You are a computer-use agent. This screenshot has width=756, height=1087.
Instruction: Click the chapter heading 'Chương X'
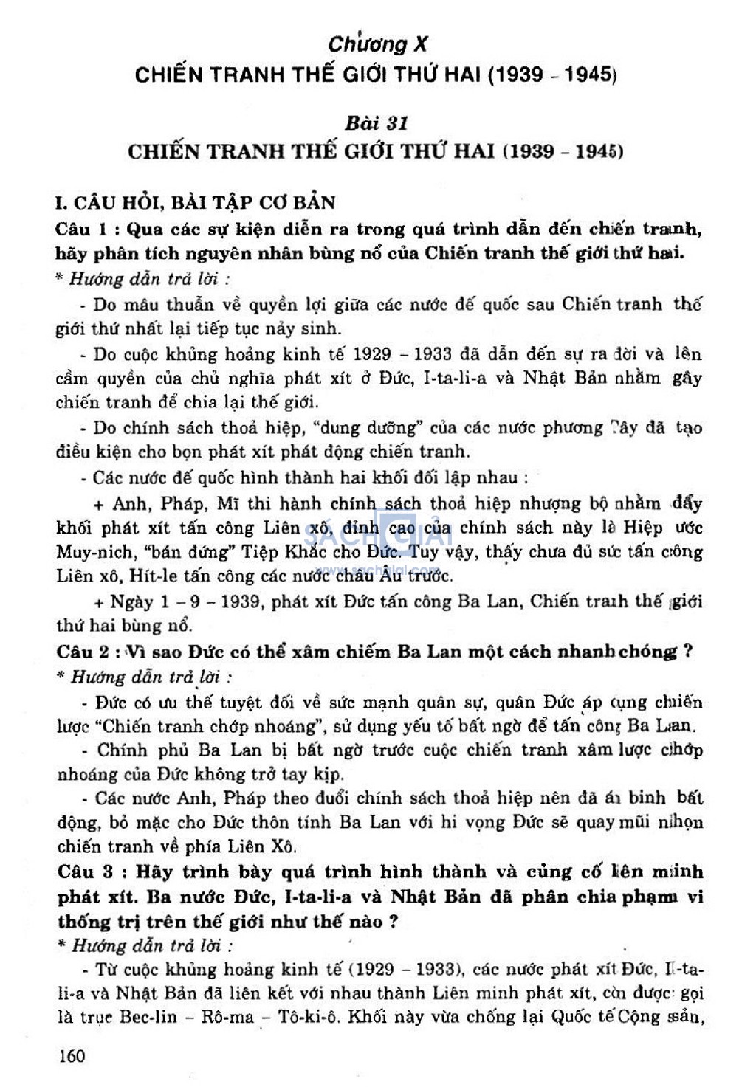[377, 44]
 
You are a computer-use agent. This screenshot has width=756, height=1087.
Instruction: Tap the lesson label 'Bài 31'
[377, 122]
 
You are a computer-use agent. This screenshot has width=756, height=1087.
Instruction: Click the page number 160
[72, 1056]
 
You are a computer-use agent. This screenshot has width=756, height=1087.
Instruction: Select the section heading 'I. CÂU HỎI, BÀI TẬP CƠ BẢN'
[196, 202]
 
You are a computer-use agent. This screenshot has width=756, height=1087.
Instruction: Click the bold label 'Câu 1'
[83, 229]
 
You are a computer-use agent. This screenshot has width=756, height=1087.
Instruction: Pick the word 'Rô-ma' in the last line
[227, 1016]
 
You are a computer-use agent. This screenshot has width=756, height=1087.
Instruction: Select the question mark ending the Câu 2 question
[687, 652]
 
